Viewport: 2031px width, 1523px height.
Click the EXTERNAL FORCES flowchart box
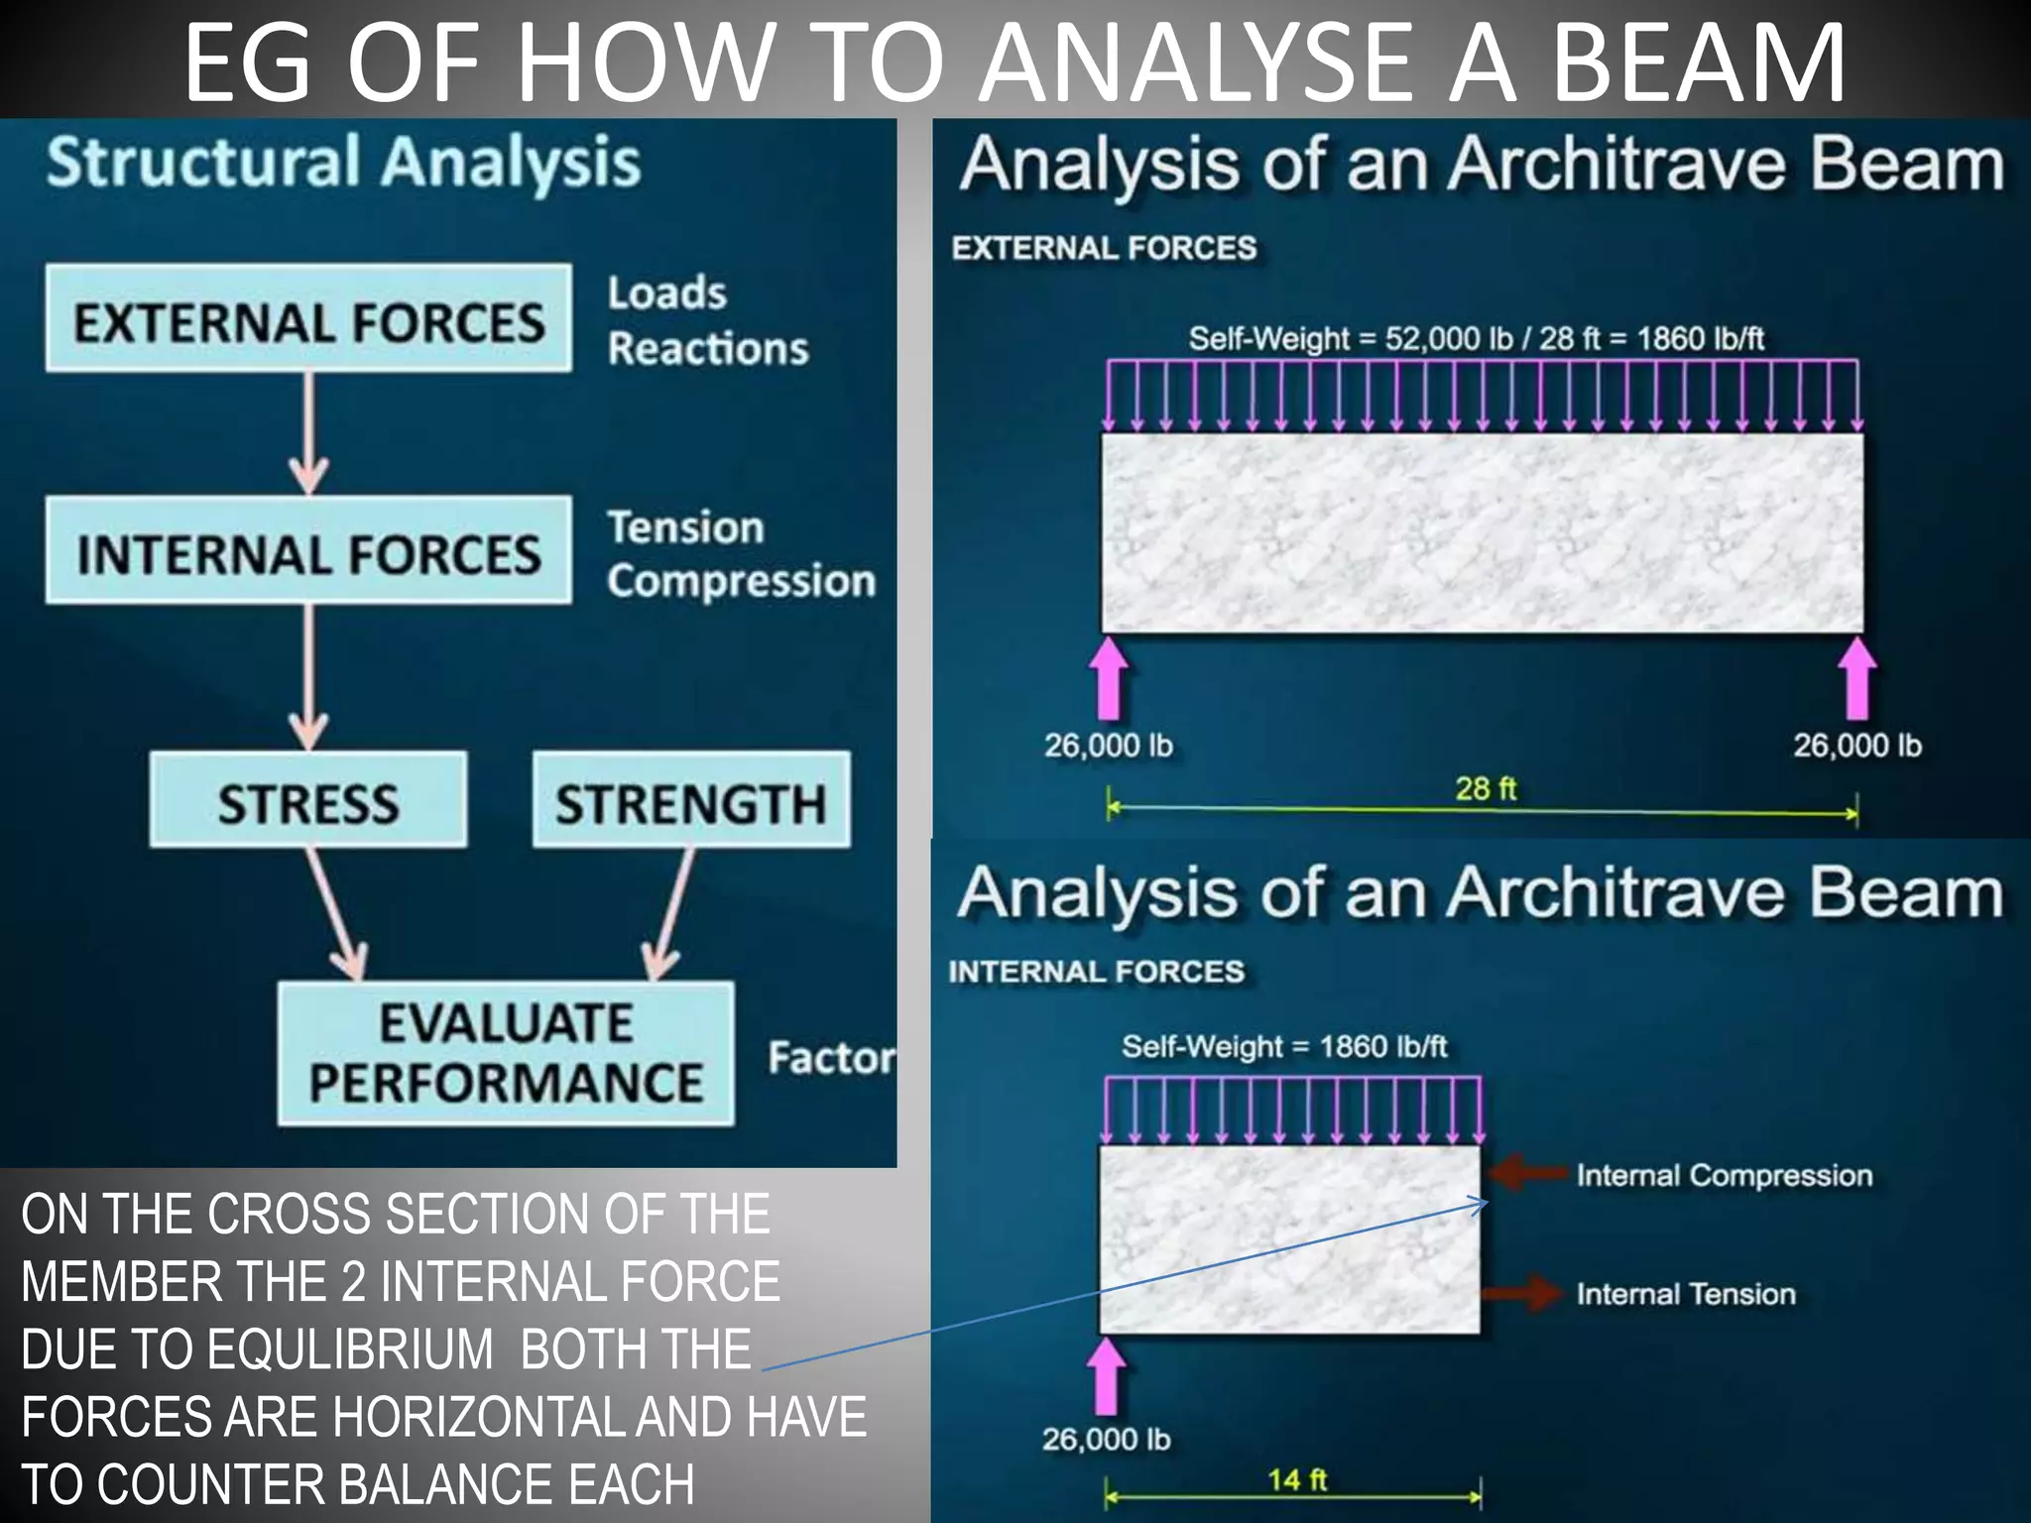coord(308,319)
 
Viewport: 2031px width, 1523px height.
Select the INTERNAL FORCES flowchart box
coord(308,551)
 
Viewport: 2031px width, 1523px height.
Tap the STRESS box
coord(308,801)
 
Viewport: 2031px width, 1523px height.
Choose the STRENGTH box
coord(690,801)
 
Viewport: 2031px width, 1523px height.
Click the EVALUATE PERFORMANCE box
coord(506,1053)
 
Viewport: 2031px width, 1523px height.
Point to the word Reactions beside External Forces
coord(708,349)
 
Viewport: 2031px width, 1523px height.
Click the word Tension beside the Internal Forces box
coord(685,527)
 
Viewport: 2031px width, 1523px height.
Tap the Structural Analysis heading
coord(343,162)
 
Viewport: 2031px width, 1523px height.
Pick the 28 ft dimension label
coord(1486,788)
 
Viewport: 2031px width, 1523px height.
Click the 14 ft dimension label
coord(1297,1479)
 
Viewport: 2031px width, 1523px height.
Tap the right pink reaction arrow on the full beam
coord(1856,678)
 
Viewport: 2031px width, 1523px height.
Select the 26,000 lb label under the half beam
coord(1106,1439)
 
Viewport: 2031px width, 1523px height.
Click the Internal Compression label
coord(1724,1175)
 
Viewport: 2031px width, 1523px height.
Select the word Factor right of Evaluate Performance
coord(831,1058)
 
